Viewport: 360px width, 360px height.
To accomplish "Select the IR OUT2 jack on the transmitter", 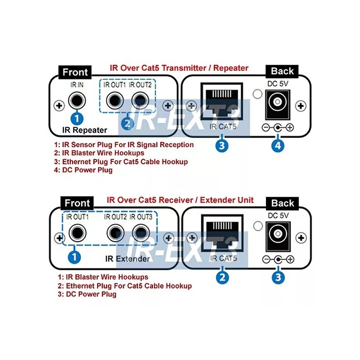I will click(139, 99).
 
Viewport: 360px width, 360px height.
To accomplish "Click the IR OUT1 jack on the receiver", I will click(76, 233).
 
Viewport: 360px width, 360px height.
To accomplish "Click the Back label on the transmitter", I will click(282, 71).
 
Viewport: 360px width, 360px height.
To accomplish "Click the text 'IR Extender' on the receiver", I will click(128, 259).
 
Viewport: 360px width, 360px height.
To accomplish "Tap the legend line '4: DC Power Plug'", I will click(83, 170).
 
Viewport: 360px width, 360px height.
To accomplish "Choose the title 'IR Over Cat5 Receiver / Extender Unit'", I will click(180, 199).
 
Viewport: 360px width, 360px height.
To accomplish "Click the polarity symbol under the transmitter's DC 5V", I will click(278, 128).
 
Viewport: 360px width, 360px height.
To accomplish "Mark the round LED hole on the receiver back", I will click(258, 226).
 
